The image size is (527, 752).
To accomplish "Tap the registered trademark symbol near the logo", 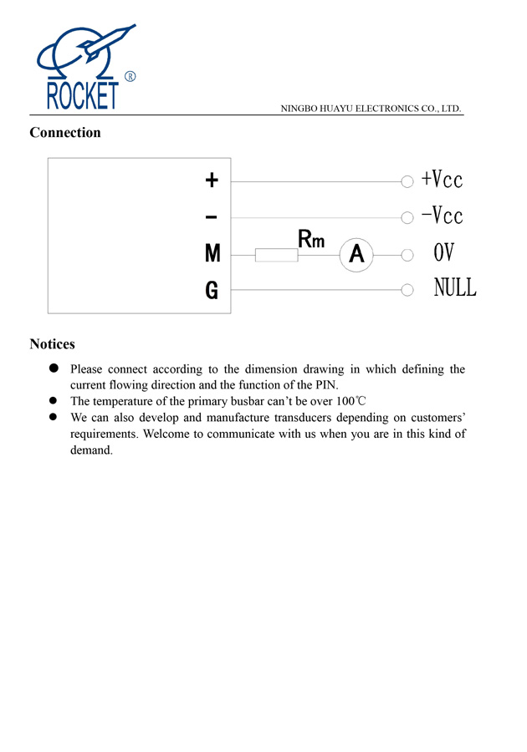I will [130, 77].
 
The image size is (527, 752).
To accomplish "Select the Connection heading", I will [65, 133].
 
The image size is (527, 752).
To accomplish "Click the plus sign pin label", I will [212, 180].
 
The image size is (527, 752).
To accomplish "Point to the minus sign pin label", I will [212, 217].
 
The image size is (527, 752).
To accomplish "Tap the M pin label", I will [212, 254].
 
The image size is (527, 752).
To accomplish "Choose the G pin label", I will [212, 291].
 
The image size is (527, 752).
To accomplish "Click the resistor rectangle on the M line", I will [276, 255].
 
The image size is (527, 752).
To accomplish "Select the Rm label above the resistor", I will [311, 240].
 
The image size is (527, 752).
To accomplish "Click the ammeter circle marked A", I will [356, 255].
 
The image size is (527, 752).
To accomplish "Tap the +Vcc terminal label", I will [442, 180].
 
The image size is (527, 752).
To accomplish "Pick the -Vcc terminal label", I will [442, 216].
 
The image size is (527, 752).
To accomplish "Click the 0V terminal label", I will [443, 253].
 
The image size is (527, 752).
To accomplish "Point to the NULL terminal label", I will [455, 289].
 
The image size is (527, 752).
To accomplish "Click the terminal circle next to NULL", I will [407, 290].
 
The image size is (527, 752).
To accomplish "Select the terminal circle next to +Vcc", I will [407, 180].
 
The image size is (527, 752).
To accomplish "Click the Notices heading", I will [52, 344].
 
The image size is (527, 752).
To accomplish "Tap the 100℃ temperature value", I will [350, 401].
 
